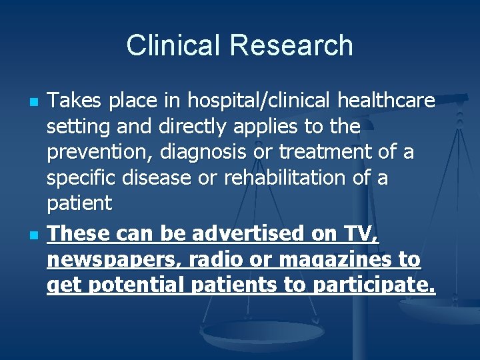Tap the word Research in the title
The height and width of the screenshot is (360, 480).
pyautogui.click(x=291, y=45)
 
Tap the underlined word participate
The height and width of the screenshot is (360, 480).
pyautogui.click(x=375, y=286)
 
